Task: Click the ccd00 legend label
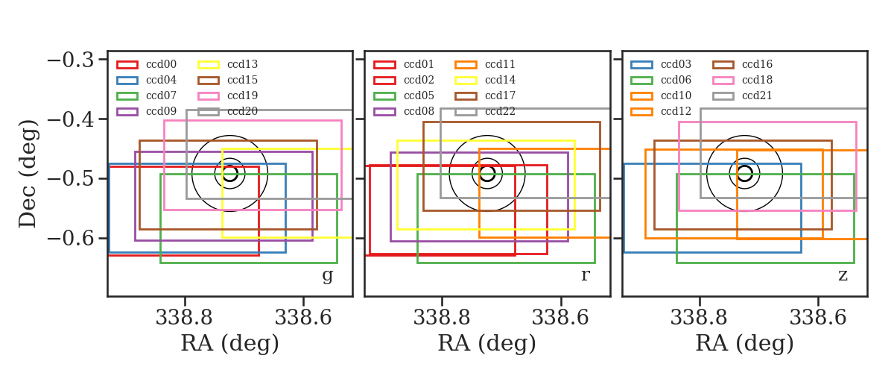pos(161,64)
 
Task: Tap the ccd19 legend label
pos(242,95)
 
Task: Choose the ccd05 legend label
pos(419,95)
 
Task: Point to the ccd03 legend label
pos(676,64)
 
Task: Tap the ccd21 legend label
pos(757,95)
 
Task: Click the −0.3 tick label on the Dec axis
pos(71,60)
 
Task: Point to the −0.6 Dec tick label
pos(71,239)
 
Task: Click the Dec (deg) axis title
pos(28,174)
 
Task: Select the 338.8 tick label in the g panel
pos(184,318)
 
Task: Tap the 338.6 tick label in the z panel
pos(818,318)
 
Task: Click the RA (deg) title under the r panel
pos(487,343)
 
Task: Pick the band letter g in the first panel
pos(327,275)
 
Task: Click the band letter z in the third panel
pos(843,275)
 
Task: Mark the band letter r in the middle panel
pos(585,275)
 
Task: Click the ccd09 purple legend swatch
pos(127,112)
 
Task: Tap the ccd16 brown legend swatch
pos(723,65)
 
